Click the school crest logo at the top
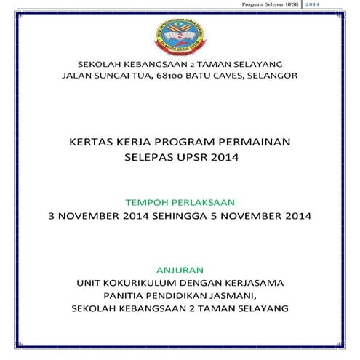pyautogui.click(x=180, y=36)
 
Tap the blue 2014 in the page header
pyautogui.click(x=313, y=4)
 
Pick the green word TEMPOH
pyautogui.click(x=148, y=200)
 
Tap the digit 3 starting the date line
pyautogui.click(x=49, y=216)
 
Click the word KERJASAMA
pyautogui.click(x=252, y=281)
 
